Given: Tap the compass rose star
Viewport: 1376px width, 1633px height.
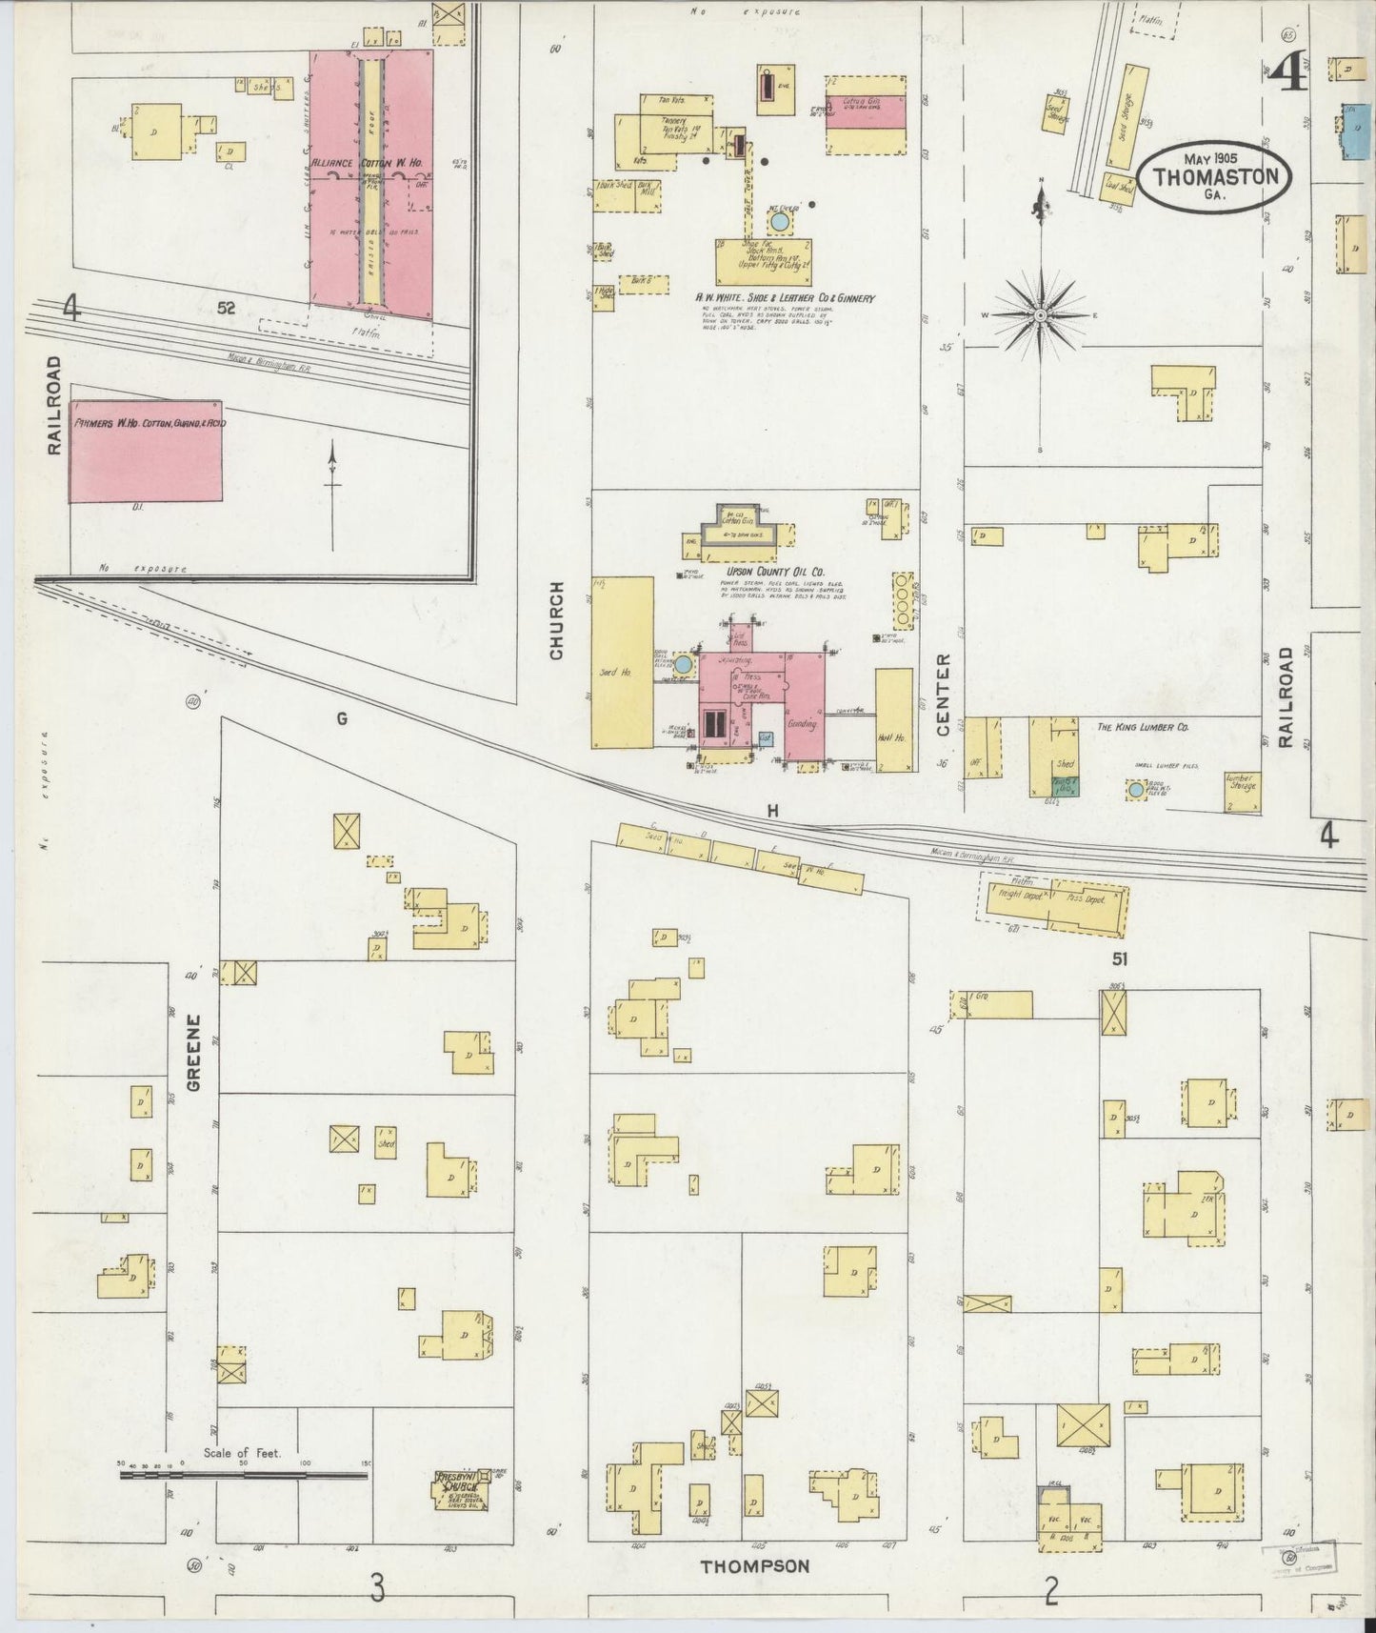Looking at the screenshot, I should (x=1041, y=313).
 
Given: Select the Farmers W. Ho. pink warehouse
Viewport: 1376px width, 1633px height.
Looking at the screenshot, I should (x=146, y=451).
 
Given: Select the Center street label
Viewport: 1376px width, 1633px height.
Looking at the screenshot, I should (x=944, y=694).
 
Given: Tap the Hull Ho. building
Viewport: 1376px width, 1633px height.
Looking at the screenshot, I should (x=893, y=719).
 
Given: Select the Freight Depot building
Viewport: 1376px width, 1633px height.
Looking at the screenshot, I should (x=1016, y=898).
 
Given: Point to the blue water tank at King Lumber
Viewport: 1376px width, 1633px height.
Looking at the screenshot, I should (x=1135, y=790).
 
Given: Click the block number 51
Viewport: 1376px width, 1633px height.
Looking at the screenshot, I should (x=1119, y=958).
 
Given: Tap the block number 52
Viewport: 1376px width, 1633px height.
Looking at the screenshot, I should (x=226, y=308).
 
